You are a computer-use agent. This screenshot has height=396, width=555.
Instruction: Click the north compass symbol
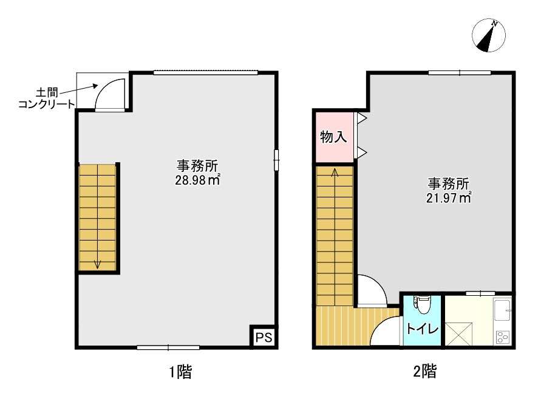(489, 36)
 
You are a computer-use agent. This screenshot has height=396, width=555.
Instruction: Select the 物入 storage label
(333, 137)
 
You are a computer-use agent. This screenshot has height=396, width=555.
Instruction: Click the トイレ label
(422, 330)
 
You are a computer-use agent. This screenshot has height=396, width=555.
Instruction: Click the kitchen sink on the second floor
(502, 310)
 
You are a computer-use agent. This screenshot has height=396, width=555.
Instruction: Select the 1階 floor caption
(180, 372)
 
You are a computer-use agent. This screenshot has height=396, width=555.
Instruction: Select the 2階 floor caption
(425, 372)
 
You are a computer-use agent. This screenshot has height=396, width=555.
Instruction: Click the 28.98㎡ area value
(197, 180)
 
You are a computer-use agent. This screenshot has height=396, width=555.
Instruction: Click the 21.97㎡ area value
(449, 197)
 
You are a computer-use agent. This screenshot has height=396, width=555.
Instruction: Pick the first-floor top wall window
(205, 73)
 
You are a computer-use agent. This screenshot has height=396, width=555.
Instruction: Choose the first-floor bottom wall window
(168, 347)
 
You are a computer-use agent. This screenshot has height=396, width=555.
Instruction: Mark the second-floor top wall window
(459, 73)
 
